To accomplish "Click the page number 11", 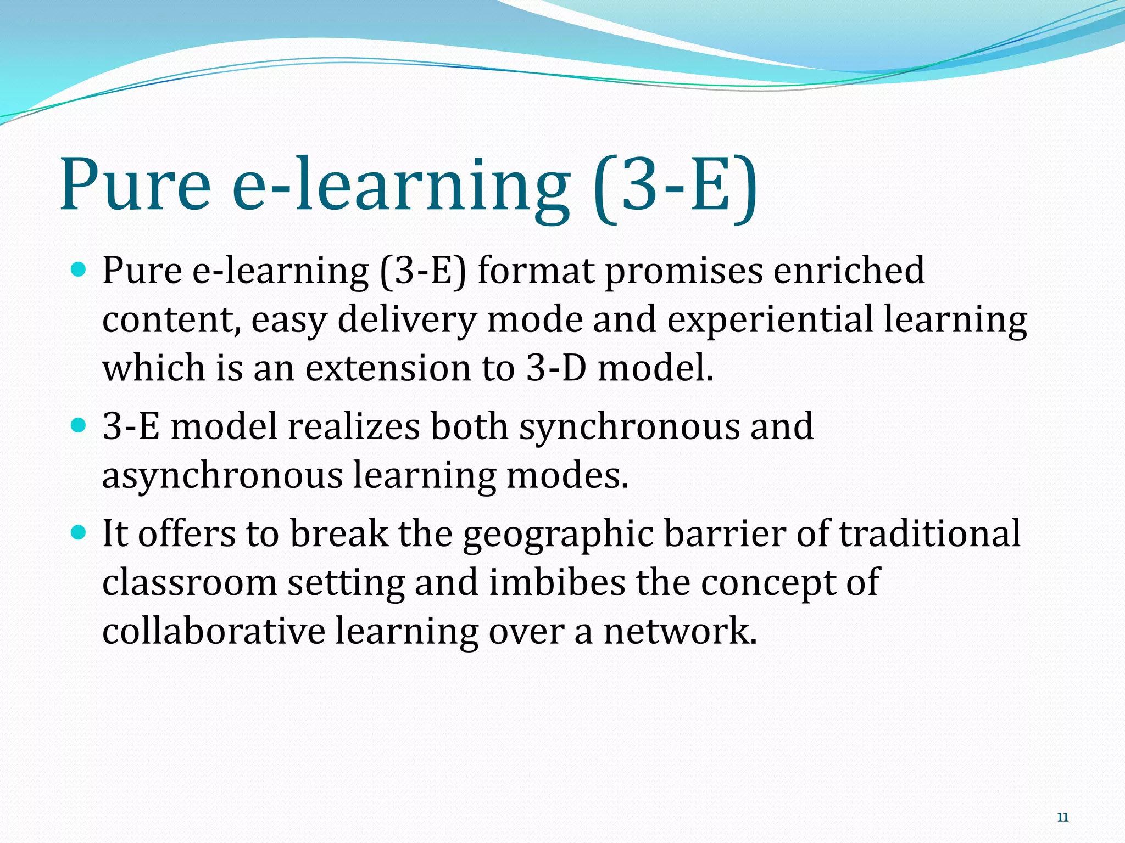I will tap(1062, 818).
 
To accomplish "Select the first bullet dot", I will tap(80, 269).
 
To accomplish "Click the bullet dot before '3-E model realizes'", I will tap(80, 425).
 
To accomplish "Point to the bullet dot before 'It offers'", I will tap(80, 532).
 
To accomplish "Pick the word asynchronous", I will tap(222, 475).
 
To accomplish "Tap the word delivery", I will tap(406, 320).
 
